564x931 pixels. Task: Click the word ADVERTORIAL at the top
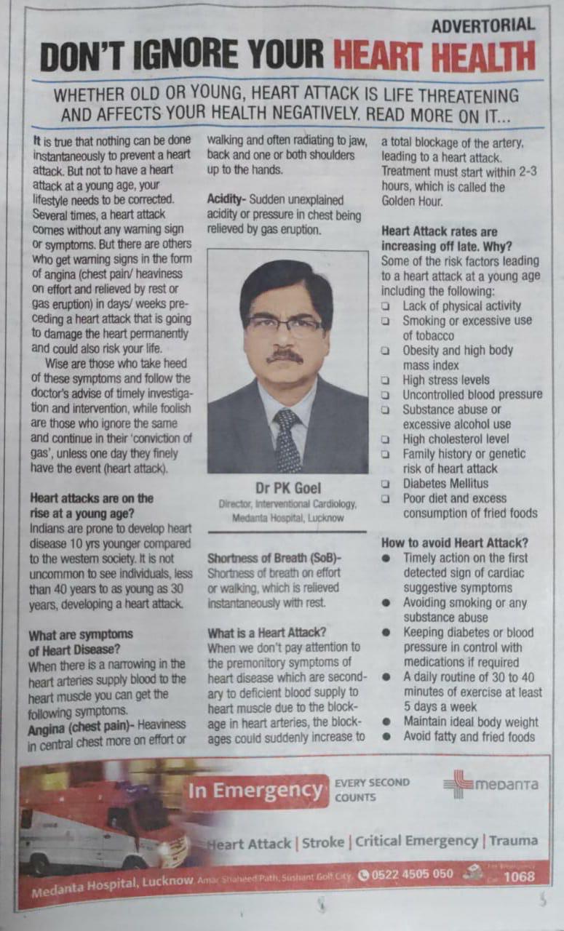[x=483, y=25]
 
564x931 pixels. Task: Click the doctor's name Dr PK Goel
[x=287, y=487]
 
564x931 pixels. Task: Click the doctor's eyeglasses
[x=285, y=325]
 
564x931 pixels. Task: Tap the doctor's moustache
[x=284, y=356]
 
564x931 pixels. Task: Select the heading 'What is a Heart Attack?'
[x=266, y=633]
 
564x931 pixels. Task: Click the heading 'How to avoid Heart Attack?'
[x=455, y=543]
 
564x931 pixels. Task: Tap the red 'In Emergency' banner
[x=255, y=791]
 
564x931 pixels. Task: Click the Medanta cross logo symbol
[x=457, y=784]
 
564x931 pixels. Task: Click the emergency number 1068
[x=519, y=876]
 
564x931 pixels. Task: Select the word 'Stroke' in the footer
[x=324, y=842]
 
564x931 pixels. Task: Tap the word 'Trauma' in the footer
[x=513, y=841]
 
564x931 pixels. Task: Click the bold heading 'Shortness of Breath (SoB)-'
[x=274, y=558]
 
